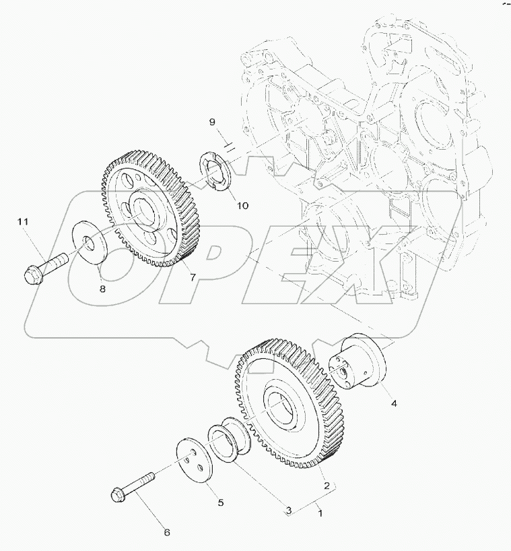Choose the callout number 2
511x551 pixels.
tap(327, 485)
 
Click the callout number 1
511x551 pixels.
tap(320, 513)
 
